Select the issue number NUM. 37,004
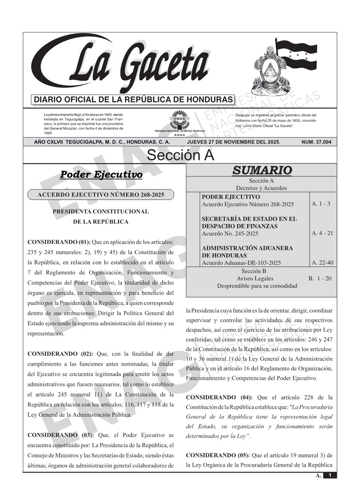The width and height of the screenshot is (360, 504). pyautogui.click(x=316, y=142)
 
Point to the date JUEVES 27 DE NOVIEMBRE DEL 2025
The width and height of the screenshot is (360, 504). pyautogui.click(x=234, y=142)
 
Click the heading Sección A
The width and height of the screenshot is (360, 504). pyautogui.click(x=180, y=155)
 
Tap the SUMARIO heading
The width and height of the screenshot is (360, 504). pyautogui.click(x=262, y=170)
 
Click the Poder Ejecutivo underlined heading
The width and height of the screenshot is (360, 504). pyautogui.click(x=101, y=174)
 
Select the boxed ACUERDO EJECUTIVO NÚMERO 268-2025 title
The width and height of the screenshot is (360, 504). pyautogui.click(x=101, y=195)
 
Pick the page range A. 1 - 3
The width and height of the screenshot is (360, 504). pyautogui.click(x=321, y=204)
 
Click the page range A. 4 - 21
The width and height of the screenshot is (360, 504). pyautogui.click(x=322, y=233)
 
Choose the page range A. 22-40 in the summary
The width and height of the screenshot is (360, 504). pyautogui.click(x=322, y=262)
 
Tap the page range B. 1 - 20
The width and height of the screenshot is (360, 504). pyautogui.click(x=320, y=278)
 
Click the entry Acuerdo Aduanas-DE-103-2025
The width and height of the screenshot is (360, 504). pyautogui.click(x=241, y=263)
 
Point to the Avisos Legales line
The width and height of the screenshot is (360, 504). pyautogui.click(x=255, y=278)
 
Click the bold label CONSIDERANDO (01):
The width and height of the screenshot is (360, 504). pyautogui.click(x=59, y=242)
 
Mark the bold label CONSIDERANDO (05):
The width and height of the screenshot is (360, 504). pyautogui.click(x=218, y=455)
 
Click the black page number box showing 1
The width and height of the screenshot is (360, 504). pyautogui.click(x=330, y=475)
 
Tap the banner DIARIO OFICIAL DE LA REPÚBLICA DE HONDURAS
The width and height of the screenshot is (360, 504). pyautogui.click(x=133, y=100)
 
